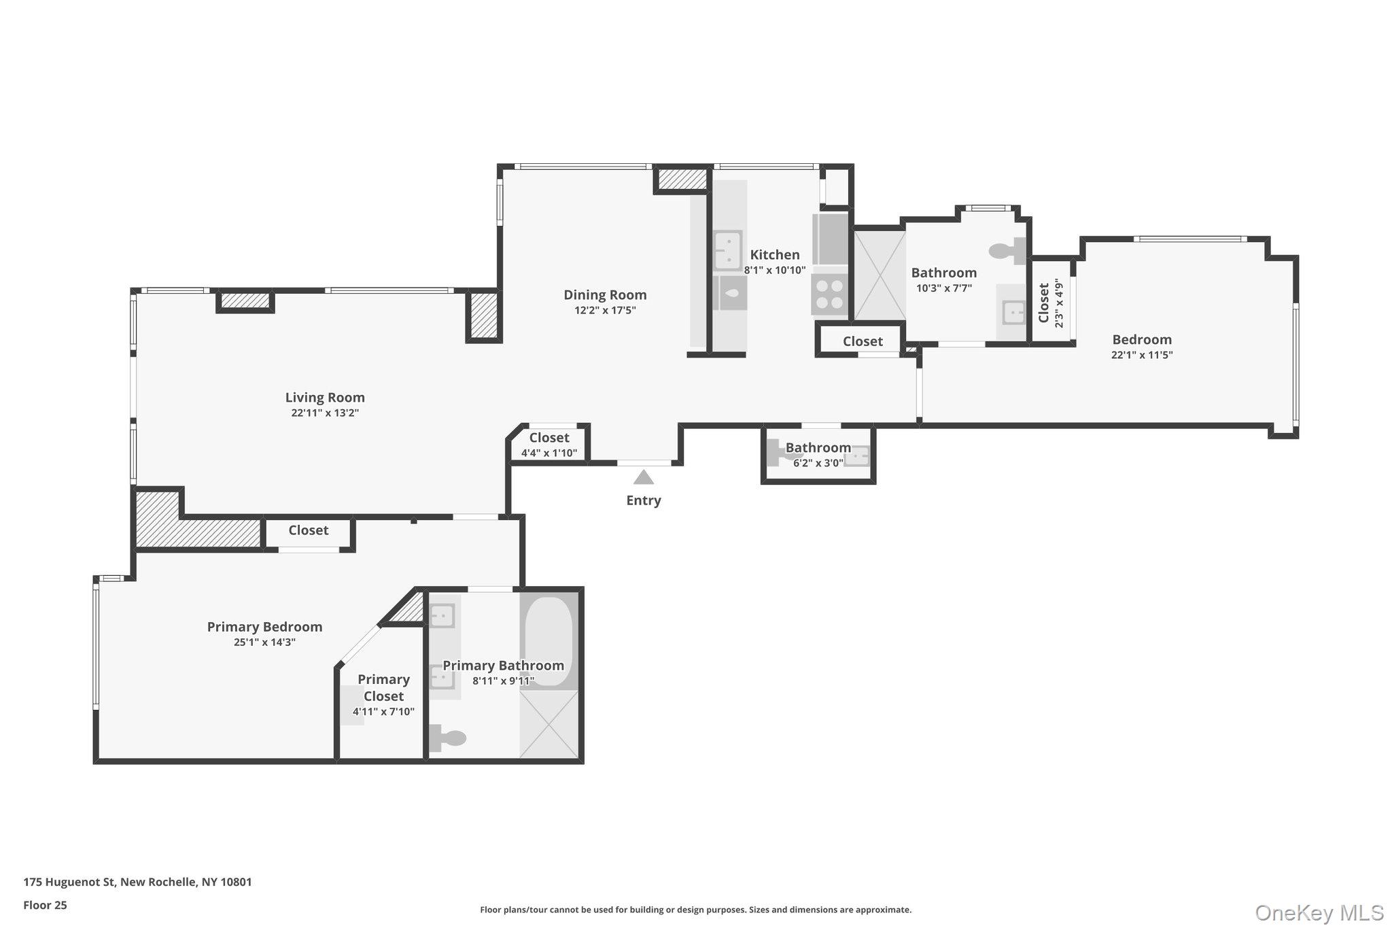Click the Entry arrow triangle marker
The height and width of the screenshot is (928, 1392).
click(643, 477)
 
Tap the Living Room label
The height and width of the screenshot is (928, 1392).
click(325, 398)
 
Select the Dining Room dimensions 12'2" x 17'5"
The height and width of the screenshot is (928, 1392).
click(604, 311)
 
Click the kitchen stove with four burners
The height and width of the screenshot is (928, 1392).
click(829, 294)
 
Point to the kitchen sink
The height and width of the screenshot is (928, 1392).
click(727, 250)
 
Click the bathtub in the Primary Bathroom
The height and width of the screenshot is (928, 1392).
click(549, 641)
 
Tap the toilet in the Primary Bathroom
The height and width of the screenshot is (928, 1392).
click(448, 738)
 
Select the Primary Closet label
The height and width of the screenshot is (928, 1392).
click(383, 687)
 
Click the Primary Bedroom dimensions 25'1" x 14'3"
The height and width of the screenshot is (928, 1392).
click(264, 642)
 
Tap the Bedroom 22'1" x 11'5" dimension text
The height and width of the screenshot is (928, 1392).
click(1142, 355)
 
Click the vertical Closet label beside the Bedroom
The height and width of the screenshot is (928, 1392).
click(1044, 303)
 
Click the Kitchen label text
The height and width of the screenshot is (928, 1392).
click(774, 255)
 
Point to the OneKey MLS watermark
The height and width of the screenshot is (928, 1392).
click(1319, 912)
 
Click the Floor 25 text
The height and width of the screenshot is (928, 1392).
click(45, 905)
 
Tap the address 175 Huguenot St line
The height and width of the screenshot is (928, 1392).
click(137, 882)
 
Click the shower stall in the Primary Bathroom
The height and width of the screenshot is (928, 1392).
click(549, 724)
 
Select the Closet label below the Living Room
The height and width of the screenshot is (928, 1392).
click(308, 530)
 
